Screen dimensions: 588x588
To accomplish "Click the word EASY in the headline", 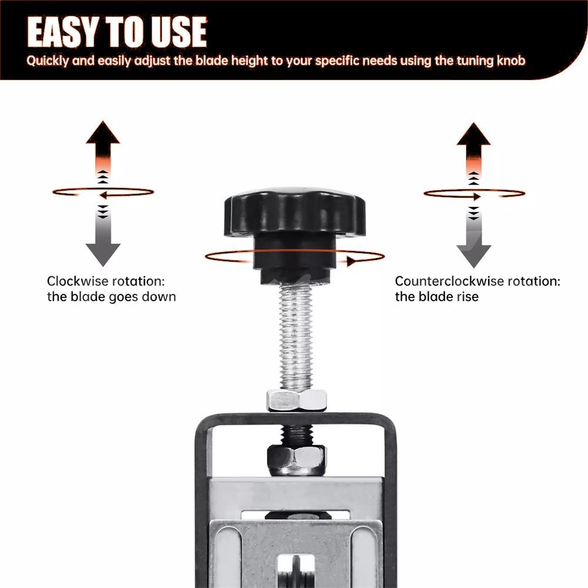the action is pyautogui.click(x=63, y=32).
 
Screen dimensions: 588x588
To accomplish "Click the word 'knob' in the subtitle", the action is pyautogui.click(x=511, y=61).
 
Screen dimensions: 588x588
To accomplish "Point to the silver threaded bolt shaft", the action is pyautogui.click(x=296, y=336).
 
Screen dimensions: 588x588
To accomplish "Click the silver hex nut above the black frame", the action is pyautogui.click(x=296, y=400).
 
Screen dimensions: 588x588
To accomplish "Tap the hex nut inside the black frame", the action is pyautogui.click(x=296, y=460).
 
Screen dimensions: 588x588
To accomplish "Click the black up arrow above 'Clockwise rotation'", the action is pyautogui.click(x=103, y=145).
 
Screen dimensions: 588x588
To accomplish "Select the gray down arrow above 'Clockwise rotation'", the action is pyautogui.click(x=103, y=240).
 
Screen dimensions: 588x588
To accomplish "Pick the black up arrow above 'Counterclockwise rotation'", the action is pyautogui.click(x=473, y=146).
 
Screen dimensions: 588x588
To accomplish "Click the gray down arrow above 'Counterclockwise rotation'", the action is pyautogui.click(x=473, y=242).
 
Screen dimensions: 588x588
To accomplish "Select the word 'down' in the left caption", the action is pyautogui.click(x=161, y=296).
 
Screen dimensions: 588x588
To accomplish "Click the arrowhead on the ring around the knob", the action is pyautogui.click(x=351, y=261).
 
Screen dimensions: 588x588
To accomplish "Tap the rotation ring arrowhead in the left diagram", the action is pyautogui.click(x=103, y=195).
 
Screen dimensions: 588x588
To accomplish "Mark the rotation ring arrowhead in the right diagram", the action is pyautogui.click(x=477, y=196).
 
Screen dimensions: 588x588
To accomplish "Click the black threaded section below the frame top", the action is pyautogui.click(x=296, y=435).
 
